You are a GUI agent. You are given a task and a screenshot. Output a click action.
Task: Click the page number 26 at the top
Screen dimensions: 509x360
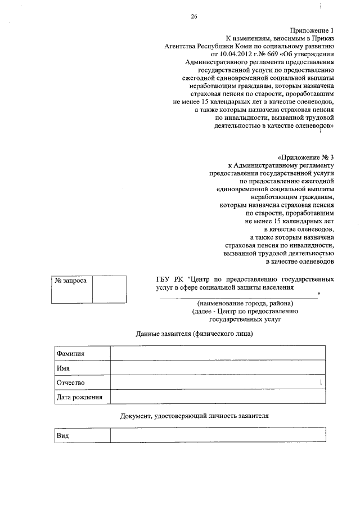[x=193, y=17]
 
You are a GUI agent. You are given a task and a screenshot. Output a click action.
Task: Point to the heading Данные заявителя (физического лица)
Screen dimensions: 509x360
[x=195, y=334]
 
